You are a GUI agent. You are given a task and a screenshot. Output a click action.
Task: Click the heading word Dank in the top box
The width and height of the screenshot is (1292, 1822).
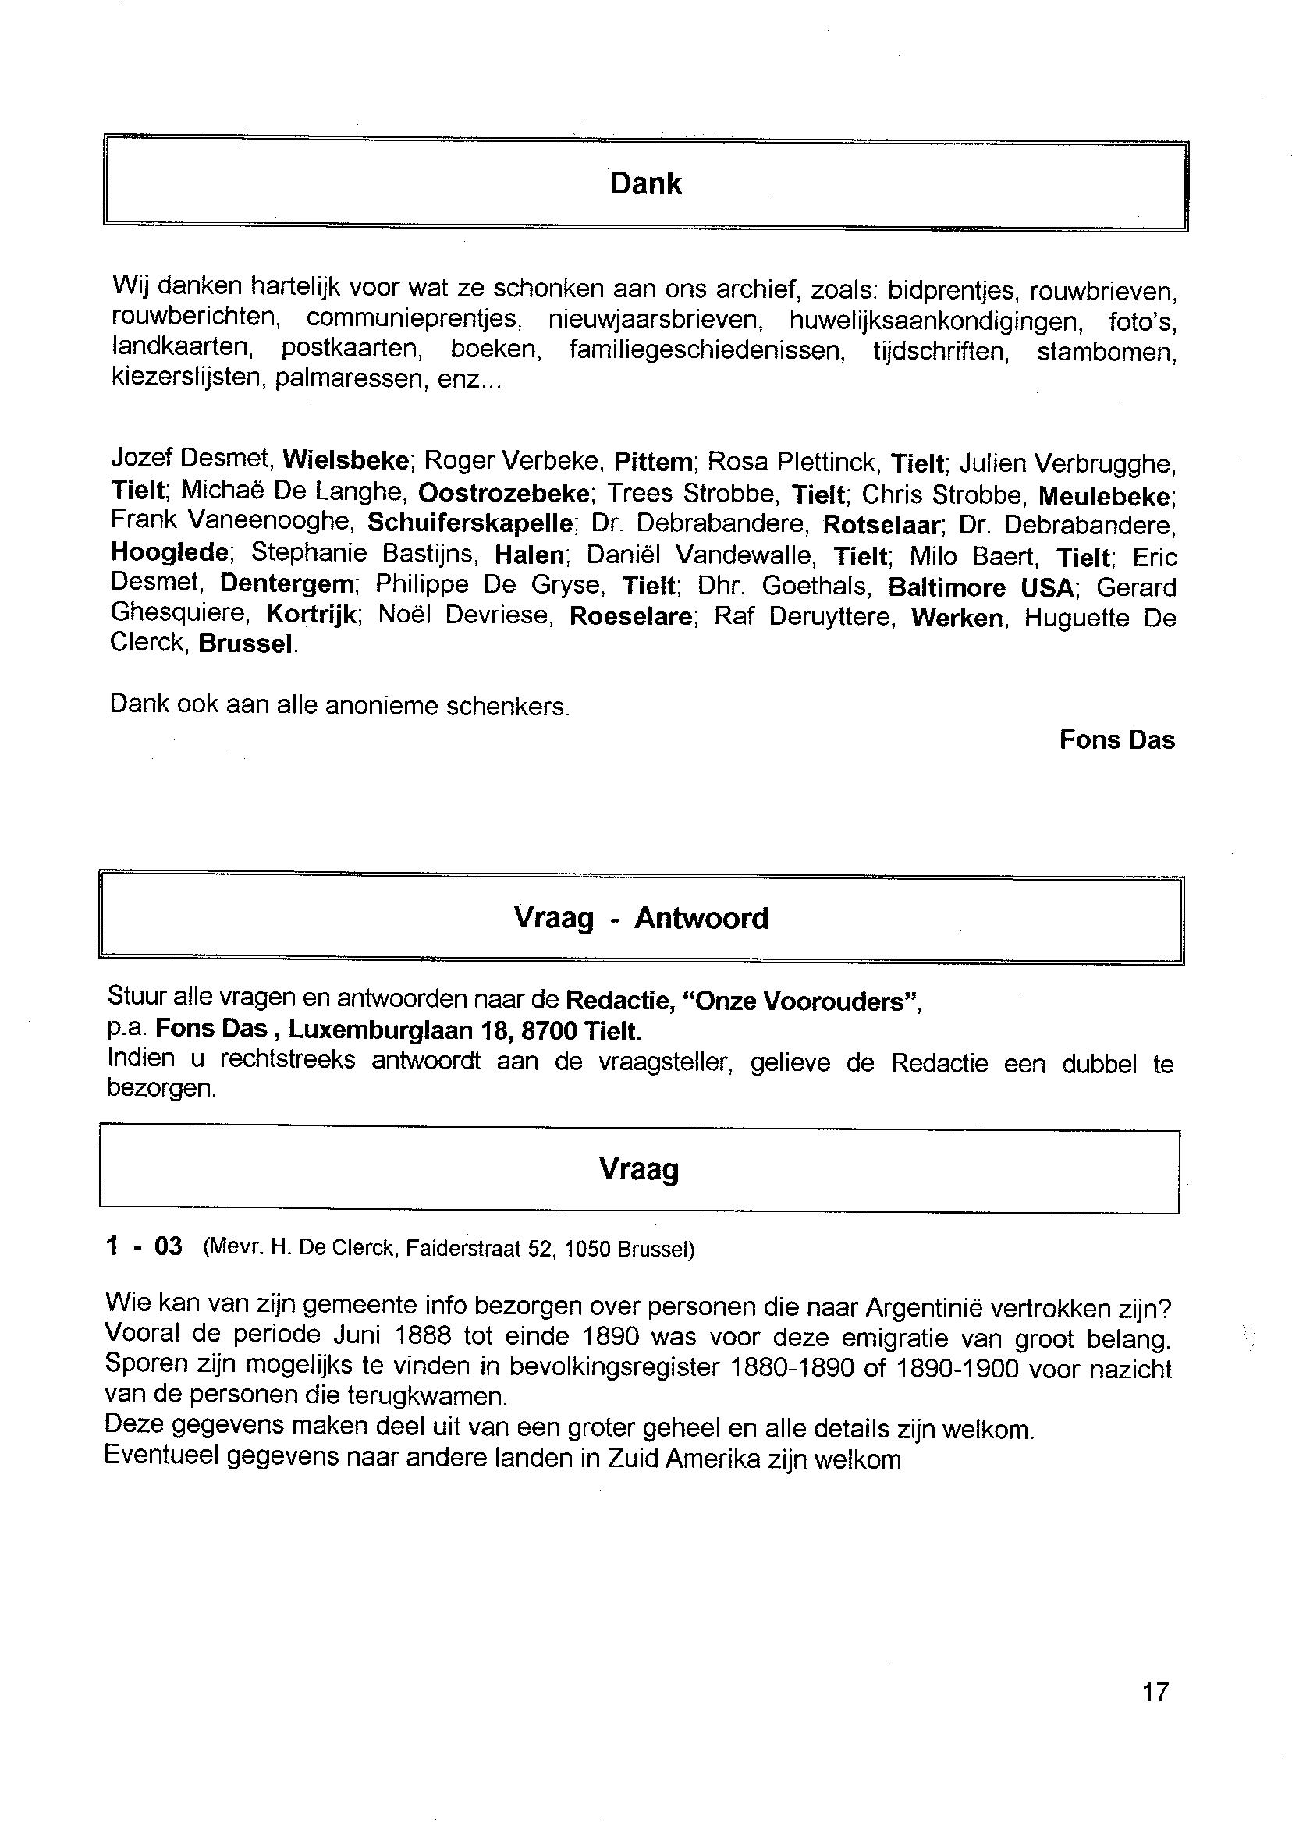[645, 184]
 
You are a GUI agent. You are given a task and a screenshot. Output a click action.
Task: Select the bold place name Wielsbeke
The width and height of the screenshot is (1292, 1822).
[346, 459]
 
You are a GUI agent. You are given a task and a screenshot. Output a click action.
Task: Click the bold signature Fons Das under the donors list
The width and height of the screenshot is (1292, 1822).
[1116, 739]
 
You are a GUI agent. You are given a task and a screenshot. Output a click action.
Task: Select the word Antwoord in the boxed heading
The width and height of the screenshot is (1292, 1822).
[701, 919]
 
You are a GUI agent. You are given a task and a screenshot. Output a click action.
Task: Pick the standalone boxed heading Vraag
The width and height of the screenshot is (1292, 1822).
[638, 1170]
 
